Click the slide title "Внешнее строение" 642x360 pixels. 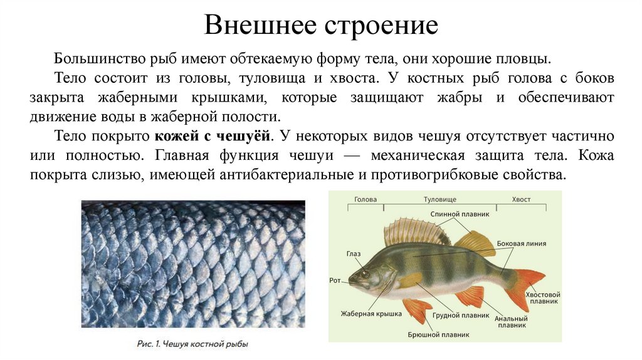click(320, 26)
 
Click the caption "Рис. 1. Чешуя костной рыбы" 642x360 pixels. click(192, 344)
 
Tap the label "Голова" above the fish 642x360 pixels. click(366, 199)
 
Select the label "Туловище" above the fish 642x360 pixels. click(439, 199)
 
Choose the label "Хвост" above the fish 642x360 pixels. click(522, 199)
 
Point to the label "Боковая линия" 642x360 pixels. click(521, 243)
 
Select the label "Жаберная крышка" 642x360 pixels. click(371, 314)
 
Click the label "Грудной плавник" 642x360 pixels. click(460, 315)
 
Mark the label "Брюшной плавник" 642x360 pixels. click(438, 335)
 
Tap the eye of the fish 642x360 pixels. click(366, 274)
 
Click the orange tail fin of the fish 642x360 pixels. click(527, 285)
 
